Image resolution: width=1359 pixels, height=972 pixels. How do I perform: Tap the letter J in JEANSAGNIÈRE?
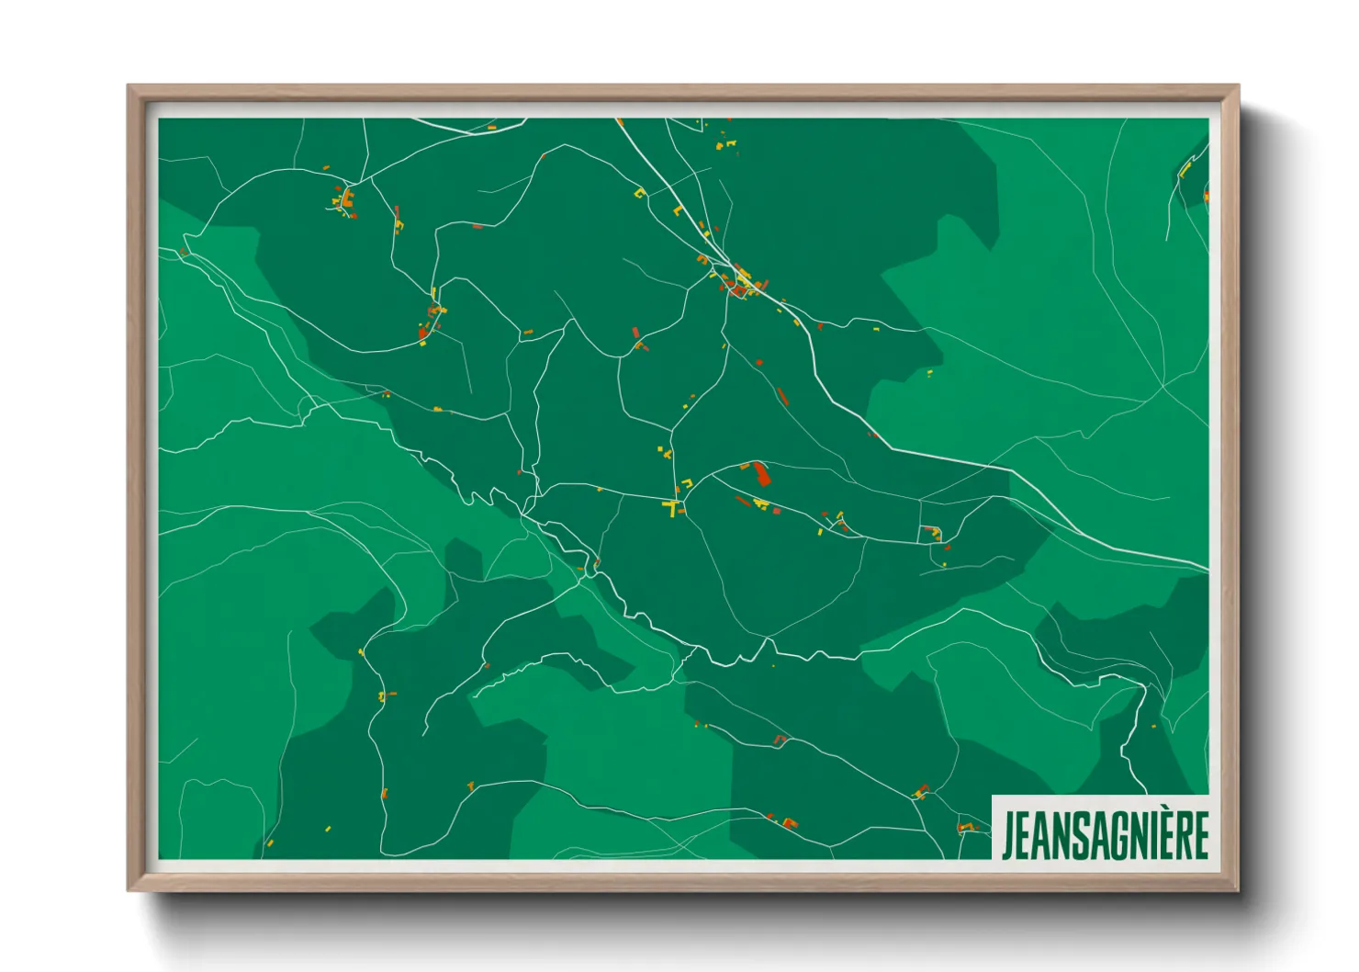(x=1007, y=835)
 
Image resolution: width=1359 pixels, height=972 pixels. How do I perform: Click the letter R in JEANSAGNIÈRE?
(x=1180, y=835)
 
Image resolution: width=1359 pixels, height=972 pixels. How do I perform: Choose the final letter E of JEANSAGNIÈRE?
(x=1199, y=835)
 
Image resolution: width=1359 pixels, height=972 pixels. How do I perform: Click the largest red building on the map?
(x=761, y=475)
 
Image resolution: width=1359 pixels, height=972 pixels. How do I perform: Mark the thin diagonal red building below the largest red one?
(x=742, y=501)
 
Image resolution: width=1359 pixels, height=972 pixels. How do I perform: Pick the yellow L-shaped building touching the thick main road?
(x=678, y=210)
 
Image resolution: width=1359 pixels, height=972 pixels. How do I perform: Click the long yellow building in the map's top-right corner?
(x=1185, y=168)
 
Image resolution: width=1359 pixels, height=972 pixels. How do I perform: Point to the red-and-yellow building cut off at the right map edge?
(x=1206, y=196)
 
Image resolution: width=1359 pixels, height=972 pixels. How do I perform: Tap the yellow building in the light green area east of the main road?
(x=929, y=372)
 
